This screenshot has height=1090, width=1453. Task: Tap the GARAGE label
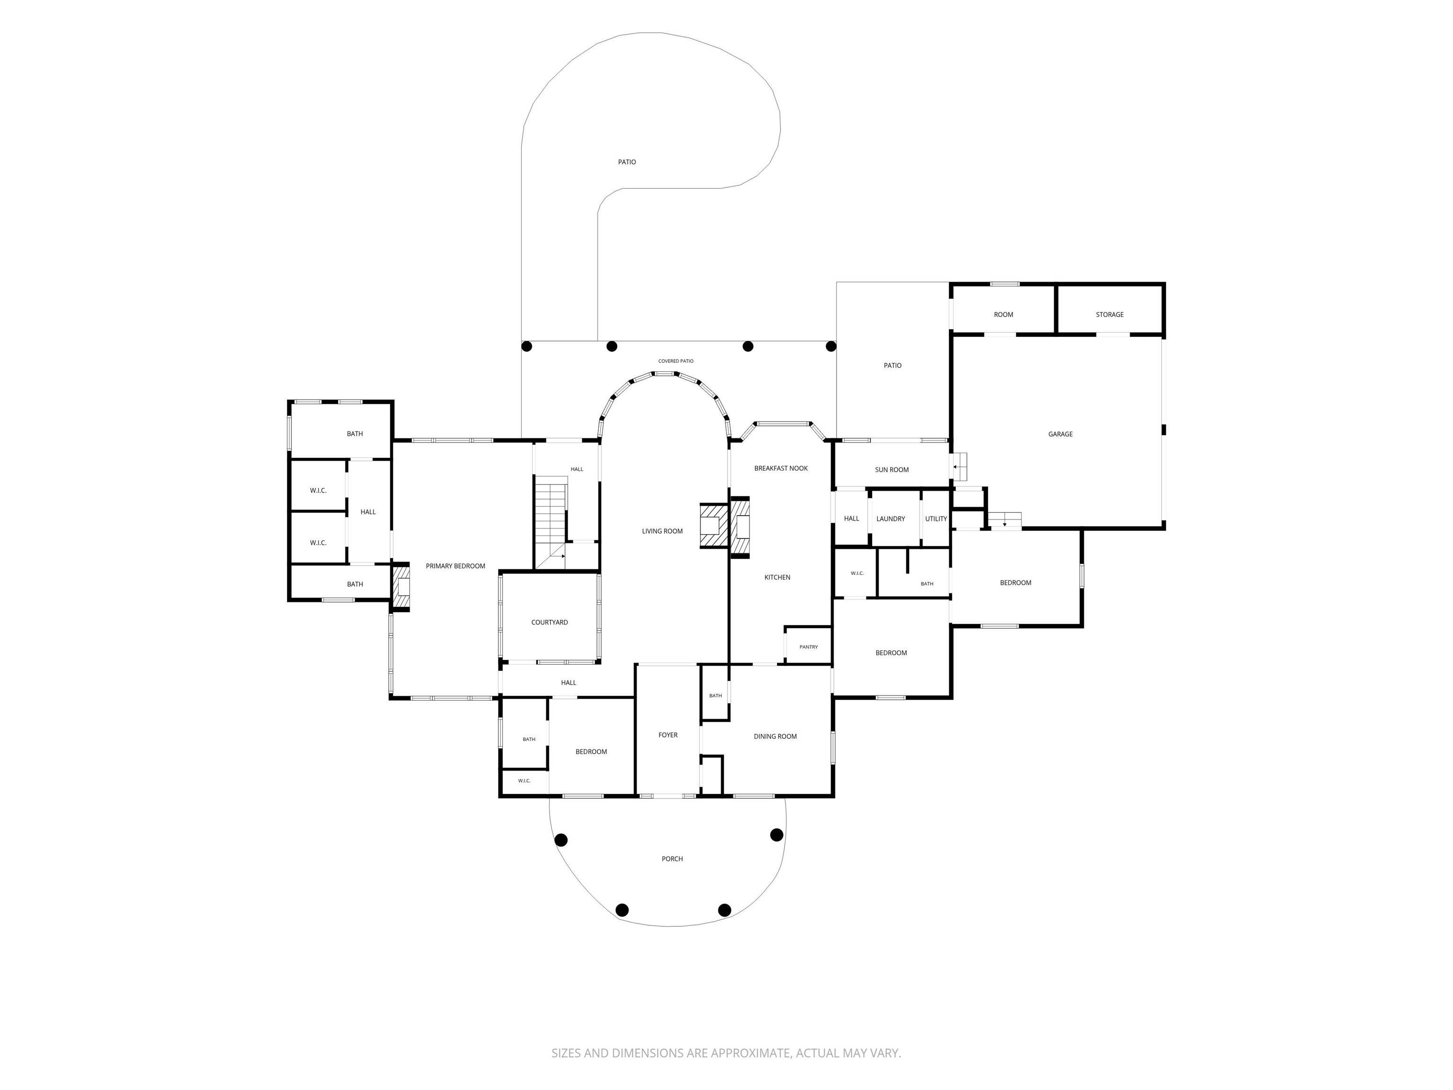pos(1060,434)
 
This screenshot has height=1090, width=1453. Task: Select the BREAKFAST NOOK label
pos(781,468)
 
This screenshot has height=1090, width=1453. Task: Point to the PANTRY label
pos(809,647)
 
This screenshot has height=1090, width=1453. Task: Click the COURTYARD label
pos(550,622)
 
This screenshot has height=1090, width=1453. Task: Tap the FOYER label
pos(668,735)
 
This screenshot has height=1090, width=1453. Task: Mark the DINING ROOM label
pos(775,737)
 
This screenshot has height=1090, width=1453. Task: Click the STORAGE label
pos(1110,315)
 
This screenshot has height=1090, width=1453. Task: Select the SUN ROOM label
pos(892,470)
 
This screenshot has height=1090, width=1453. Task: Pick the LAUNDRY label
pos(891,519)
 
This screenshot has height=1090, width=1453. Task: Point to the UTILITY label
pos(936,519)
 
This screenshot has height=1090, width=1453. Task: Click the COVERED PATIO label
pos(676,361)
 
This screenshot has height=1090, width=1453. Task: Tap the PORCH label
pos(672,859)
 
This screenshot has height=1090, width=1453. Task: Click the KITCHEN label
pos(777,578)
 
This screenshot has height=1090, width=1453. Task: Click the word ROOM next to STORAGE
pos(1003,315)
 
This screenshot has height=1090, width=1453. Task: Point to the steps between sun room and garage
pos(960,467)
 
